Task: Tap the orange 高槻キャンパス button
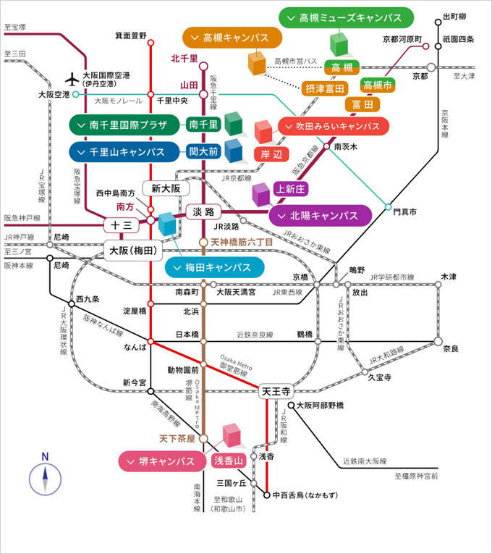coord(229,38)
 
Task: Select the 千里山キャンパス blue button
coord(124,152)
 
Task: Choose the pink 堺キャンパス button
coord(163,461)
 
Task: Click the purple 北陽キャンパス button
coord(321,216)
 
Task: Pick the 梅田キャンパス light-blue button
coord(215,267)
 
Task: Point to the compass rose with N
coord(45,478)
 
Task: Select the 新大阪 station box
coord(166,188)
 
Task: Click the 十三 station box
coord(122,225)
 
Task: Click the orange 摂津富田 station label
coord(324,89)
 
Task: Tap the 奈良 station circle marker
coord(438,341)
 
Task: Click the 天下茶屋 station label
coord(177,439)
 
